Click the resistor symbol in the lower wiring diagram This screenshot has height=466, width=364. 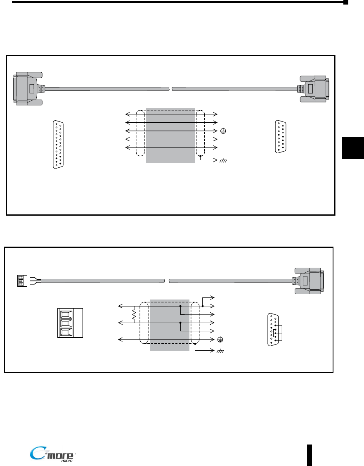pos(134,315)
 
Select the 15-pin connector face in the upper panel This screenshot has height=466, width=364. pos(281,137)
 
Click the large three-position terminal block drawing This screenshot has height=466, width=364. pos(70,323)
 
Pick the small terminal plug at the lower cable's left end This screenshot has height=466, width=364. pos(21,281)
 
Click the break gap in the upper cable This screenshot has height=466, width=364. pos(170,88)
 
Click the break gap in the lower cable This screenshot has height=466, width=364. pos(167,281)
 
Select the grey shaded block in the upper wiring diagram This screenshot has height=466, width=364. pos(170,136)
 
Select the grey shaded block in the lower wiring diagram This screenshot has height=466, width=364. pos(169,325)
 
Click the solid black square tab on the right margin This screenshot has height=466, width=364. pos(353,148)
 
